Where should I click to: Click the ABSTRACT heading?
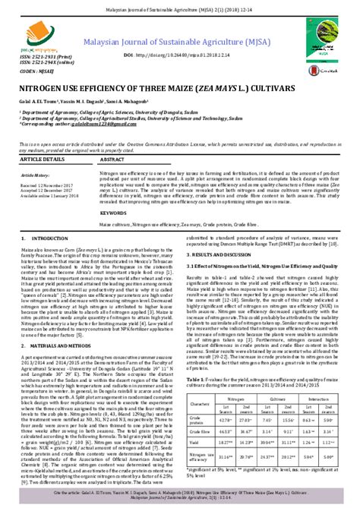(x=113, y=161)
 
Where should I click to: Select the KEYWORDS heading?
(x=115, y=213)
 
